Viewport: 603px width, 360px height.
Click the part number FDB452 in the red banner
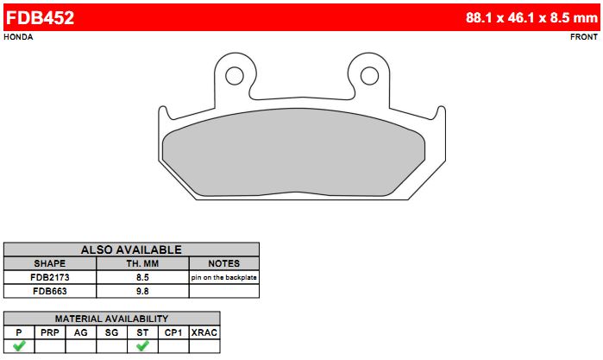[x=40, y=18]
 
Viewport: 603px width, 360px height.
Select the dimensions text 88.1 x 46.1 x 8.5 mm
[x=531, y=18]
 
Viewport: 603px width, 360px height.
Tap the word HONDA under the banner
[x=18, y=37]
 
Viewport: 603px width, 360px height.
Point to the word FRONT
[x=584, y=37]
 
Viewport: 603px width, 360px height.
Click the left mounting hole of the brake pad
[x=234, y=76]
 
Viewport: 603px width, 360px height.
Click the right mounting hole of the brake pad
[x=369, y=76]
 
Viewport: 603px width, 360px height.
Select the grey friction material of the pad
[x=293, y=152]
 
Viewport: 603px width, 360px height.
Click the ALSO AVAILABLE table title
[x=131, y=249]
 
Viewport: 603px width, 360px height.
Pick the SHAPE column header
[x=50, y=263]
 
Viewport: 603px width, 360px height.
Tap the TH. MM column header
[x=142, y=263]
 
